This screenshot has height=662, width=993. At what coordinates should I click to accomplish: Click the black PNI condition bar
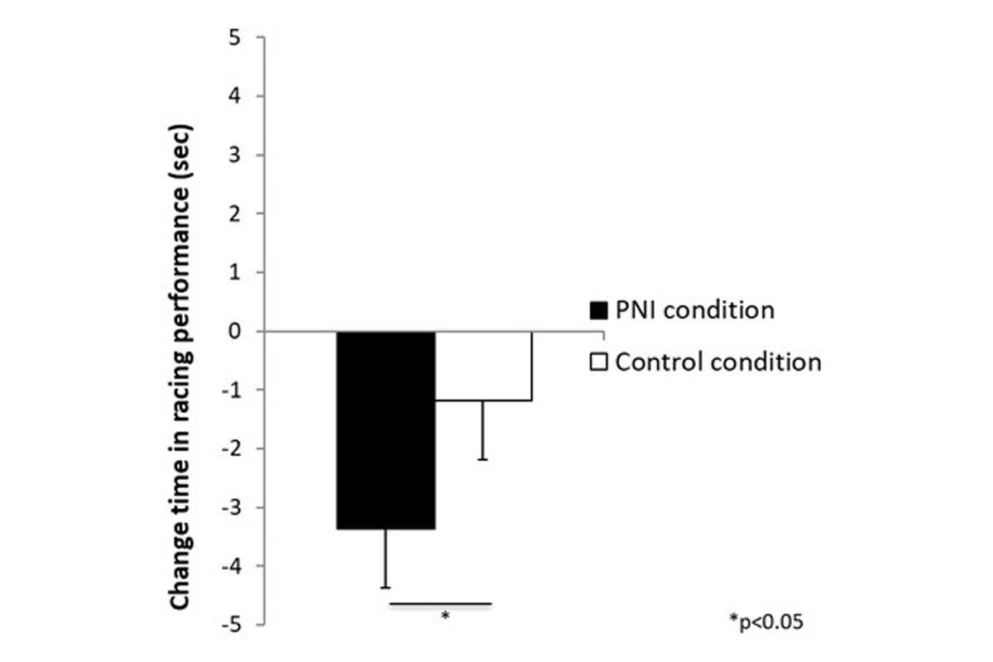point(386,429)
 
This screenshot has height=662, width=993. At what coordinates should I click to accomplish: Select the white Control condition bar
point(483,366)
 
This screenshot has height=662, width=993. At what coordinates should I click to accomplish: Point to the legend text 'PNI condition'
point(694,310)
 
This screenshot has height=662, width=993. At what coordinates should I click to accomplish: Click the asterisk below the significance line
point(445,616)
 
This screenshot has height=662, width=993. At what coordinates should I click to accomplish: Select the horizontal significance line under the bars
point(440,604)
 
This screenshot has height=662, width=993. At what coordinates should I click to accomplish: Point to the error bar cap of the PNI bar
point(386,588)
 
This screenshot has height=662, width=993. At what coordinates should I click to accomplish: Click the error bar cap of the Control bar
point(483,459)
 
